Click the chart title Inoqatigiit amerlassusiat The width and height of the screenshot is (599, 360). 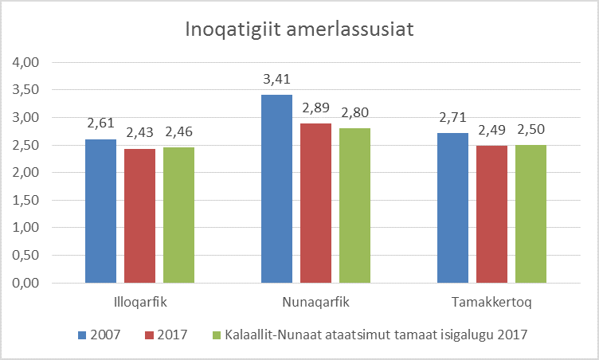point(299,30)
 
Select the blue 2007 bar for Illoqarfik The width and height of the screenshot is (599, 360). point(100,211)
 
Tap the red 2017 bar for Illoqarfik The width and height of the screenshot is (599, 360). point(139,216)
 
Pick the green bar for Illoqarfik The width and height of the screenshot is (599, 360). point(178,215)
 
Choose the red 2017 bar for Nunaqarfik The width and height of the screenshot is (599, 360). point(316,203)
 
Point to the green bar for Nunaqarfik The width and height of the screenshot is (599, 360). point(355,205)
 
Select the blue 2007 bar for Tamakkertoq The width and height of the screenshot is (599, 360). point(453,208)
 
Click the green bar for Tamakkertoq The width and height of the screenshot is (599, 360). point(531,213)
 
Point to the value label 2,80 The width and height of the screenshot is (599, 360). point(355,112)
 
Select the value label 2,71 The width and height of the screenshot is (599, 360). point(453,117)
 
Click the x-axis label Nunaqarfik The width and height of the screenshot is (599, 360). point(316,303)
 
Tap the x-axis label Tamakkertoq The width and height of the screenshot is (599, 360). point(492,303)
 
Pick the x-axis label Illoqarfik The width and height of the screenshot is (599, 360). point(139,303)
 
